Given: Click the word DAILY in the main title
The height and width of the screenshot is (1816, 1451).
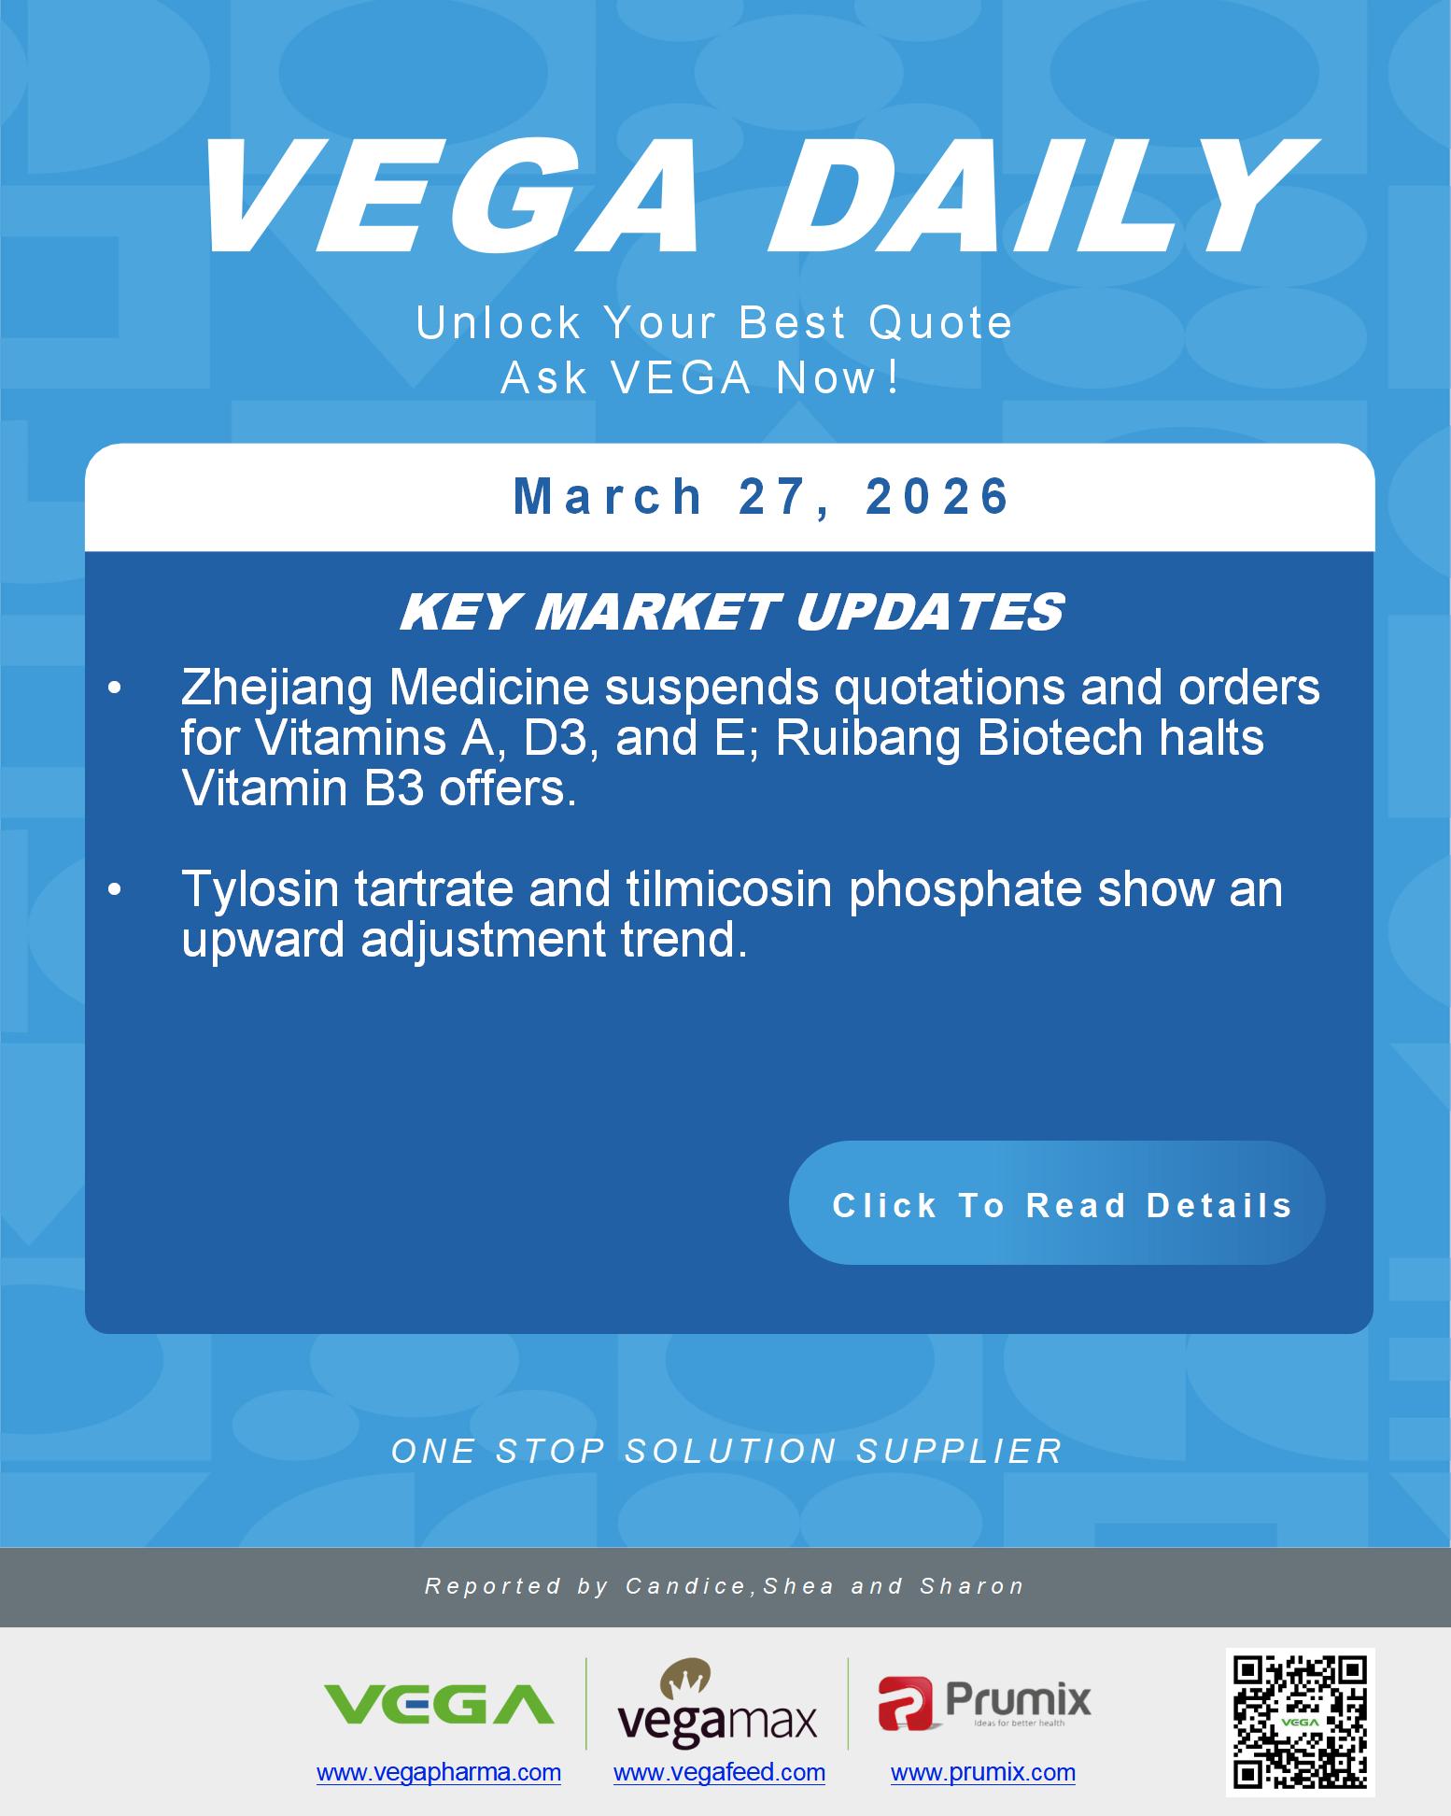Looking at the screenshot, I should pos(1036,198).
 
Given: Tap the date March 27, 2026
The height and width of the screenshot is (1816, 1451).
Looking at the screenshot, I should pos(762,496).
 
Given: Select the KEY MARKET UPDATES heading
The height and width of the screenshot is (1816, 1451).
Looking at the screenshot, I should pos(731,613).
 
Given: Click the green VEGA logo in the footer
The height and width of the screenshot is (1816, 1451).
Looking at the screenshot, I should pos(438,1703).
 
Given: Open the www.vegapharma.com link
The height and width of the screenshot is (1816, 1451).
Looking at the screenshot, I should pos(439,1772).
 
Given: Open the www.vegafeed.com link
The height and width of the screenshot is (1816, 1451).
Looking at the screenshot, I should pos(719,1772).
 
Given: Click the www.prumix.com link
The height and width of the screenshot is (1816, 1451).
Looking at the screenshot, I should pos(982,1772).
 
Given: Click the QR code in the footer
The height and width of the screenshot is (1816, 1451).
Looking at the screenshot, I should pos(1300,1722).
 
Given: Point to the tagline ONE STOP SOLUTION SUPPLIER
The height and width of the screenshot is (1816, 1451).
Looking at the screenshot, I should pos(726,1451).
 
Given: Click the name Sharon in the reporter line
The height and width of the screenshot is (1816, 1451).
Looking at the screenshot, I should pos(972,1586).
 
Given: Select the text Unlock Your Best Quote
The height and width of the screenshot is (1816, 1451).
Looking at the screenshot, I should pos(714,323).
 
